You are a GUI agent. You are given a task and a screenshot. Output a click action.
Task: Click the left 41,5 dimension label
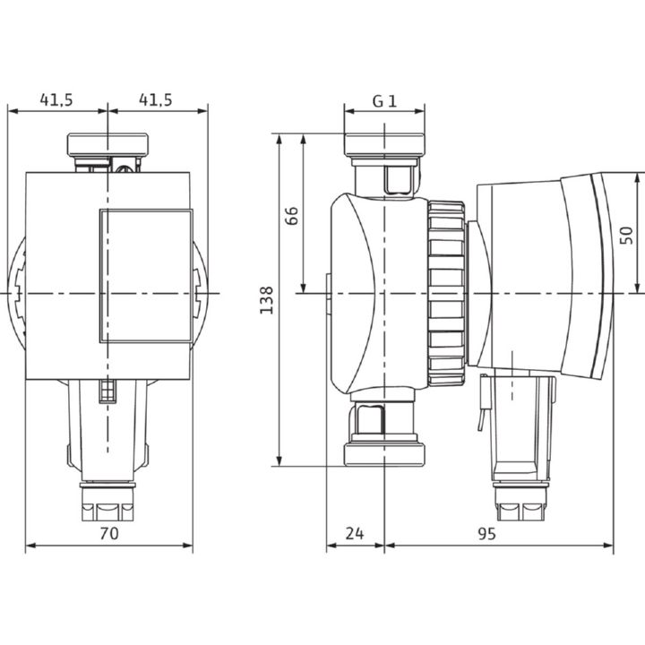pos(56,100)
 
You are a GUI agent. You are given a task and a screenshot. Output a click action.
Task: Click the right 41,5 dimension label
pos(156,100)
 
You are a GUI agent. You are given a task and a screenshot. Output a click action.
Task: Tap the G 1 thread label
pos(384,101)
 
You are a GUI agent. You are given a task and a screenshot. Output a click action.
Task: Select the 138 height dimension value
pos(267,300)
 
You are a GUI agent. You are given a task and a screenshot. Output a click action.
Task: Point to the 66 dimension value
pos(291,216)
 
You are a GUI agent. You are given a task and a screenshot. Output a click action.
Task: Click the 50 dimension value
pos(626,236)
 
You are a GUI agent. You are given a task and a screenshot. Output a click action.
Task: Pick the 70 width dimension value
pos(109,534)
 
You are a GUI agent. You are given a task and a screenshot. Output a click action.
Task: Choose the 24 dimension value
pos(355,534)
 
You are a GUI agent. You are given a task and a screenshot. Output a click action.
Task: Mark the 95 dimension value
pos(487,534)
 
